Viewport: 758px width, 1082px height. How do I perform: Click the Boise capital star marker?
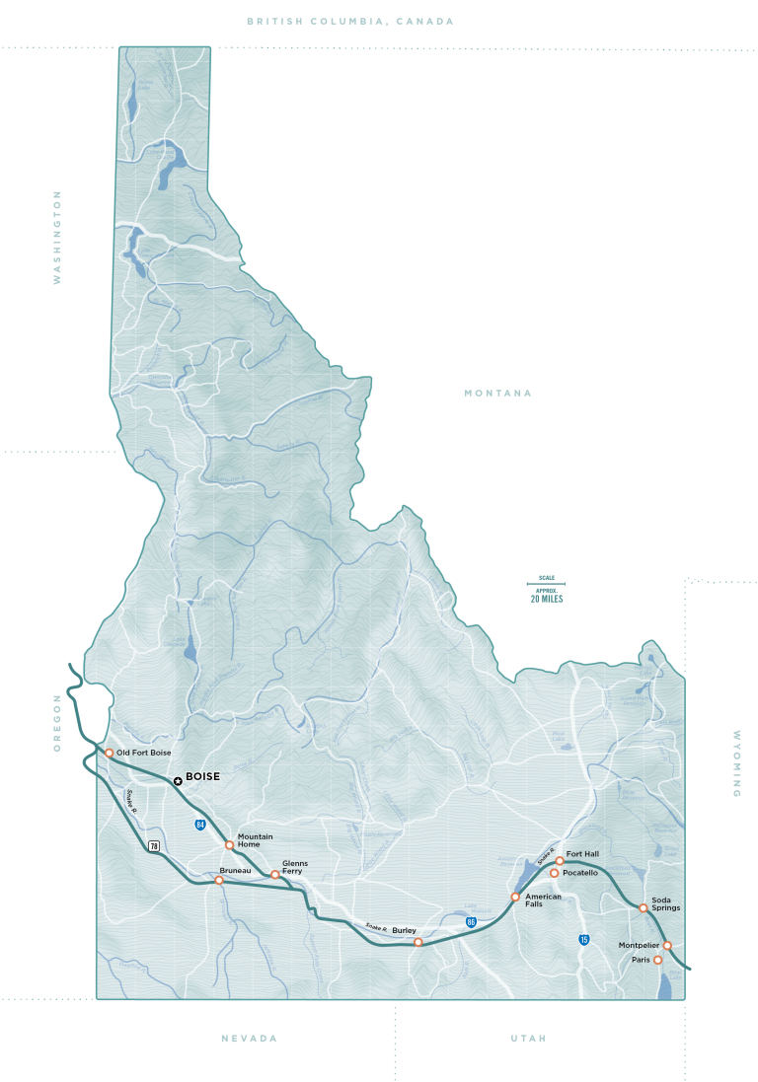pyautogui.click(x=178, y=781)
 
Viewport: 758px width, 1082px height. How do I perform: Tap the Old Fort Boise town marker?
pyautogui.click(x=109, y=753)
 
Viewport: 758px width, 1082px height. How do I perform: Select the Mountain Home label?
pyautogui.click(x=255, y=840)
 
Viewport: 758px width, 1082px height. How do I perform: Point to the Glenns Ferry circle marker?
pyautogui.click(x=275, y=874)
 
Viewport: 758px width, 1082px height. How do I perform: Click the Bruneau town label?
pyautogui.click(x=235, y=871)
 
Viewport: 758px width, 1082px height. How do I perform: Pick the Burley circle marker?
pyautogui.click(x=417, y=942)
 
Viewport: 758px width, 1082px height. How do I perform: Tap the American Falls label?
pyautogui.click(x=543, y=900)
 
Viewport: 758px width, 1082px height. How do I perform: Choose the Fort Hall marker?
pyautogui.click(x=560, y=861)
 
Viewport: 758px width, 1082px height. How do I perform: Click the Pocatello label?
pyautogui.click(x=580, y=873)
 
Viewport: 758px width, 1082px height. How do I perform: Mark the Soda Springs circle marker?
pyautogui.click(x=643, y=907)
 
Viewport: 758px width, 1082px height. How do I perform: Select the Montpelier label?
pyautogui.click(x=638, y=945)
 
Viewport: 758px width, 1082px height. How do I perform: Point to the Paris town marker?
pyautogui.click(x=658, y=960)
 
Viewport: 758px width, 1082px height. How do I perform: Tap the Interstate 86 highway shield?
pyautogui.click(x=472, y=921)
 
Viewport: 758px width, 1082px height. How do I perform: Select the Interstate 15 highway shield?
pyautogui.click(x=584, y=940)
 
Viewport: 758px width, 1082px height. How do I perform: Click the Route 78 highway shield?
pyautogui.click(x=154, y=845)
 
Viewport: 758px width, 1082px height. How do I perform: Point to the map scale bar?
pyautogui.click(x=546, y=586)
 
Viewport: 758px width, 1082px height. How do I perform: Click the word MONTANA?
pyautogui.click(x=497, y=394)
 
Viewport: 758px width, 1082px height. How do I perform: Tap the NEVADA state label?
pyautogui.click(x=249, y=1039)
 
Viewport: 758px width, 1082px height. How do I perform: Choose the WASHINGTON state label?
pyautogui.click(x=57, y=237)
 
